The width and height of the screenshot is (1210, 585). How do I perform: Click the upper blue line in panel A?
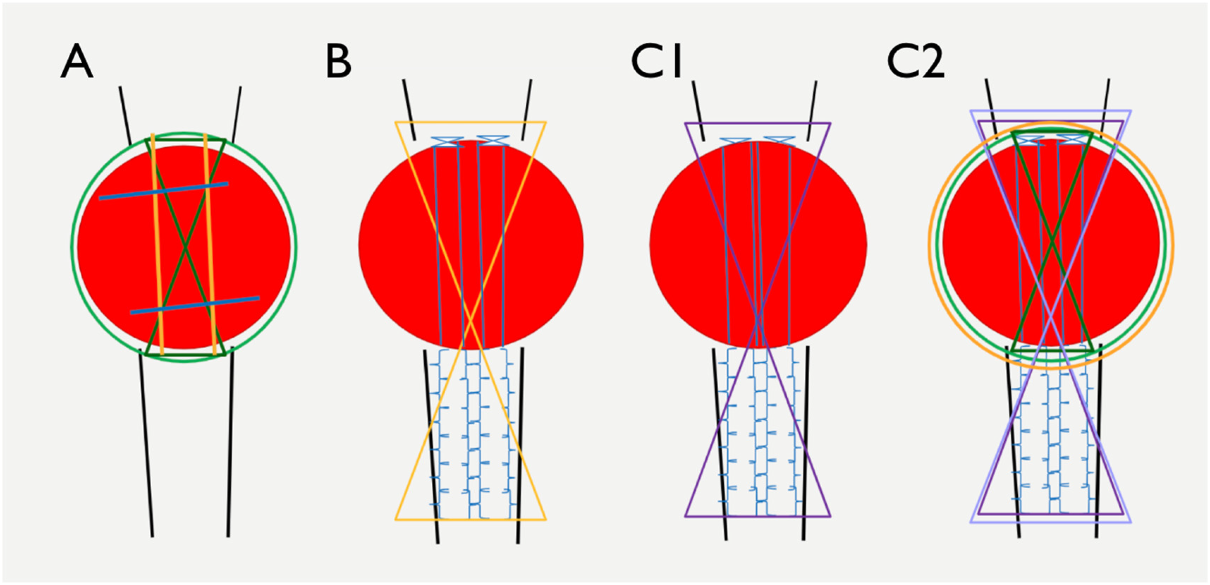coord(164,191)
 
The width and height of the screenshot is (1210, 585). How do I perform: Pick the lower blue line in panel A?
coord(195,305)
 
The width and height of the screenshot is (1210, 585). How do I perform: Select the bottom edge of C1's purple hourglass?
coord(758,517)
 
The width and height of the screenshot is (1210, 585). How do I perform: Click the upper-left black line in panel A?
coord(125,116)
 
